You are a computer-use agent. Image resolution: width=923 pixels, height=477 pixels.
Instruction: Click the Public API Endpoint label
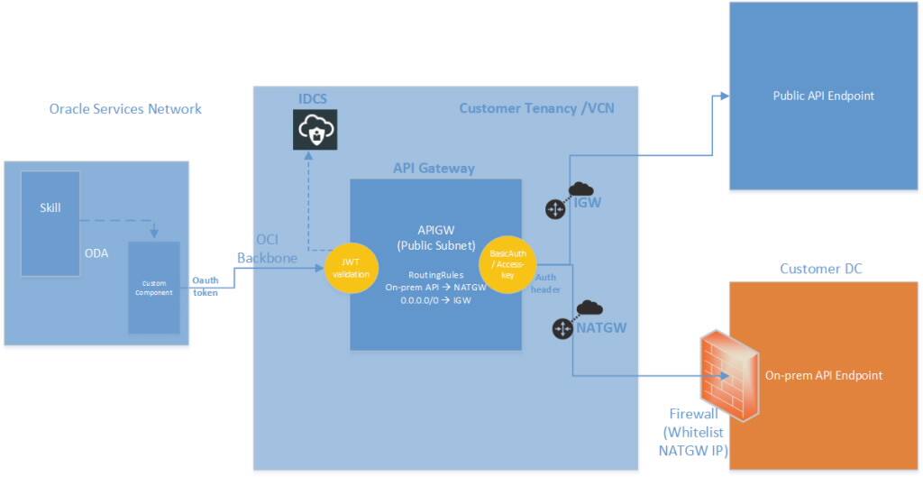pyautogui.click(x=823, y=96)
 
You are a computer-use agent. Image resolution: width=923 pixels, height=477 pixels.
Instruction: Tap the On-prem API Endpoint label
pyautogui.click(x=823, y=375)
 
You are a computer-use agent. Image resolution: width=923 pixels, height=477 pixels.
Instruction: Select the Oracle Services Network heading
pyautogui.click(x=125, y=109)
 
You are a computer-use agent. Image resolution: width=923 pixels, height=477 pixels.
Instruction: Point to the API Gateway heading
pyautogui.click(x=433, y=168)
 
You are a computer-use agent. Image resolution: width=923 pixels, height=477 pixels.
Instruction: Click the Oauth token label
pyautogui.click(x=205, y=286)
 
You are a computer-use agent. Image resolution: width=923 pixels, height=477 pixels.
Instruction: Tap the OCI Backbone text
pyautogui.click(x=260, y=249)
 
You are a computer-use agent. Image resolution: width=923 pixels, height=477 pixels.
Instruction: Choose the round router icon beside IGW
pyautogui.click(x=553, y=210)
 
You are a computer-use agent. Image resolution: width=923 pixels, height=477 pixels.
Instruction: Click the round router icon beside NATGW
pyautogui.click(x=563, y=329)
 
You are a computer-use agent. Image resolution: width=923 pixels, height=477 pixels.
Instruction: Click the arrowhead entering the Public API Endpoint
pyautogui.click(x=723, y=96)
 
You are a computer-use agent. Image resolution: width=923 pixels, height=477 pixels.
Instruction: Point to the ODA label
pyautogui.click(x=96, y=253)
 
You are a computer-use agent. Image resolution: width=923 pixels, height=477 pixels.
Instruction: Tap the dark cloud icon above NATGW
pyautogui.click(x=589, y=308)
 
